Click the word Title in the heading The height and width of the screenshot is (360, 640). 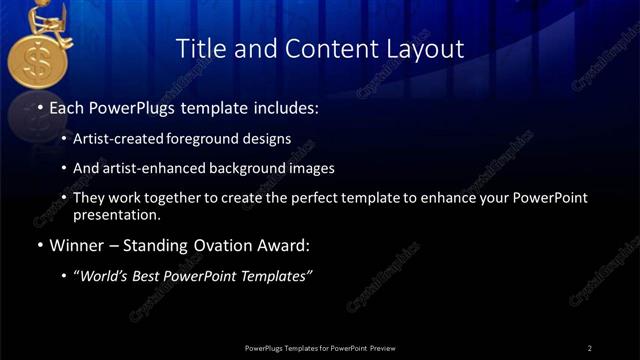coord(200,48)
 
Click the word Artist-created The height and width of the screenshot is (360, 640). coord(119,139)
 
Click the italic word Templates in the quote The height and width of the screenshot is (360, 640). coord(279,276)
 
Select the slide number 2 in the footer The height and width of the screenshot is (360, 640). coord(589,347)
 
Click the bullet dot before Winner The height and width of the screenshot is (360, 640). coord(39,245)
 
